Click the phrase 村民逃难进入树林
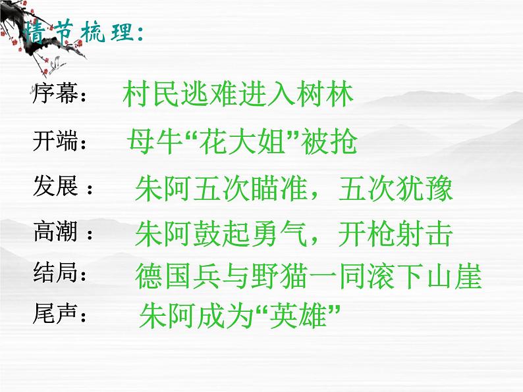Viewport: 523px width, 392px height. pyautogui.click(x=238, y=95)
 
